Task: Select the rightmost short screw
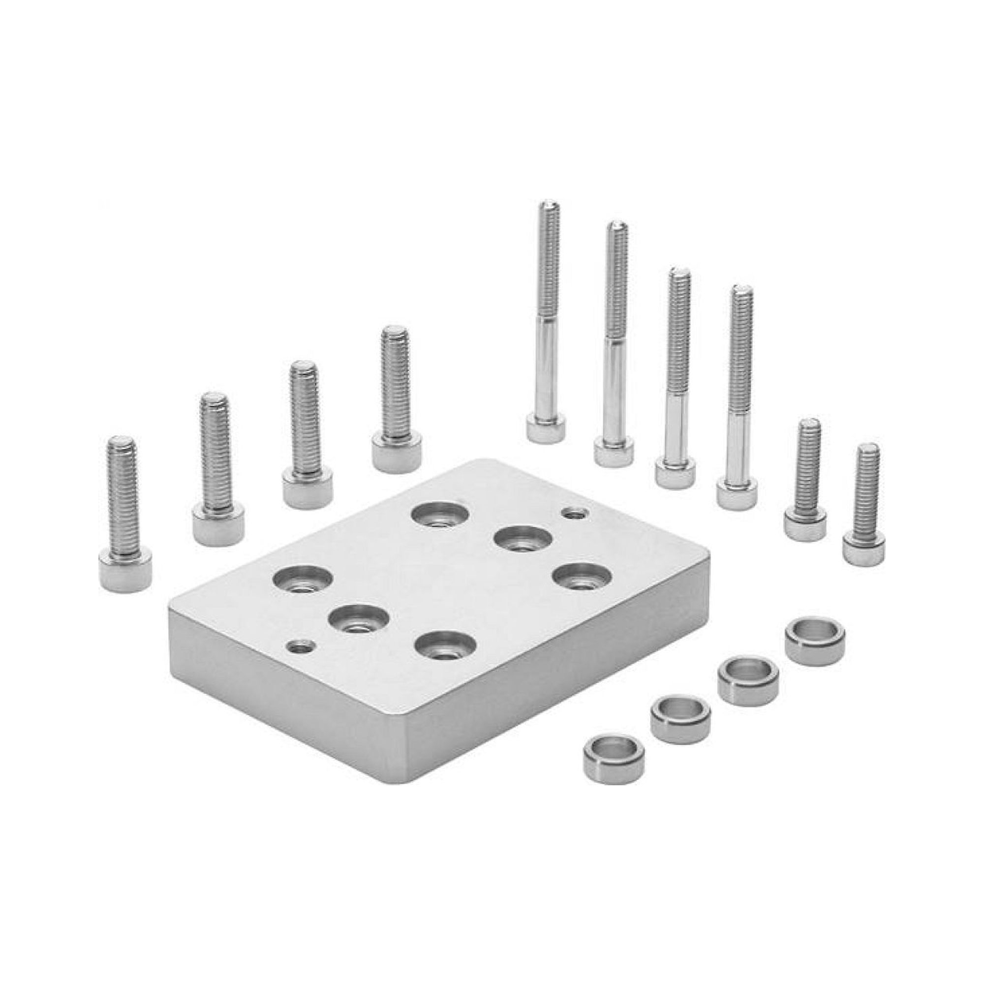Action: click(x=864, y=504)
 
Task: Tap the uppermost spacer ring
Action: click(x=815, y=640)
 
